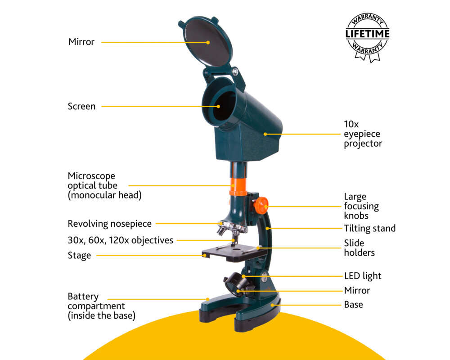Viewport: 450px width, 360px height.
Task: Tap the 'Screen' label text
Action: pyautogui.click(x=81, y=107)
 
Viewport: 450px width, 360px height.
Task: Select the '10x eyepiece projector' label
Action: pyautogui.click(x=363, y=134)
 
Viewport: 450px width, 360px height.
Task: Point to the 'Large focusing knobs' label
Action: pyautogui.click(x=361, y=206)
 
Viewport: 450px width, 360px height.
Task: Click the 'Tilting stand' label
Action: pyautogui.click(x=369, y=229)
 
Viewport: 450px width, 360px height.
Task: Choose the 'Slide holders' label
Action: pyautogui.click(x=359, y=248)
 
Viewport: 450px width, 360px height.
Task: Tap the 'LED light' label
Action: pyautogui.click(x=363, y=276)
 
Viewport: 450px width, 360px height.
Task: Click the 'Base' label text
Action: pyautogui.click(x=353, y=305)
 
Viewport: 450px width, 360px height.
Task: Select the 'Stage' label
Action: pyautogui.click(x=79, y=256)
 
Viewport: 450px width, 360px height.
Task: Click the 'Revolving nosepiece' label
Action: pyautogui.click(x=109, y=224)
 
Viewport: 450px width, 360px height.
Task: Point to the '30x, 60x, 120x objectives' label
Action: pyautogui.click(x=120, y=240)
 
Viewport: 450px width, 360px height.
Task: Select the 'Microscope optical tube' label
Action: pyautogui.click(x=97, y=185)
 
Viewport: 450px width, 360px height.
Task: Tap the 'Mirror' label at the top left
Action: pyautogui.click(x=81, y=42)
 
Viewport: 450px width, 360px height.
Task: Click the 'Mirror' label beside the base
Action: pyautogui.click(x=357, y=290)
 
